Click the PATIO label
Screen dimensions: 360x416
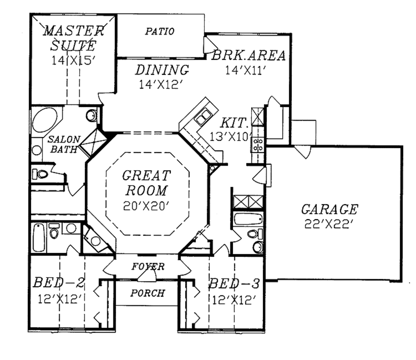pos(160,31)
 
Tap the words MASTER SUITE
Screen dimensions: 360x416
pos(73,37)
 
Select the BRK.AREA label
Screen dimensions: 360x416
pos(248,56)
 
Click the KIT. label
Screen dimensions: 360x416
pos(234,122)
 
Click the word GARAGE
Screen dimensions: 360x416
pos(329,210)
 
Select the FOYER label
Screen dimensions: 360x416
pos(148,267)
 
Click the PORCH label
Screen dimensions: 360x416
pos(148,293)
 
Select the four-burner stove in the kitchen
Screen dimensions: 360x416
pos(258,144)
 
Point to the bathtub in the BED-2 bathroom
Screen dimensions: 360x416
pos(39,237)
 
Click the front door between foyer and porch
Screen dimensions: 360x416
pos(147,276)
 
